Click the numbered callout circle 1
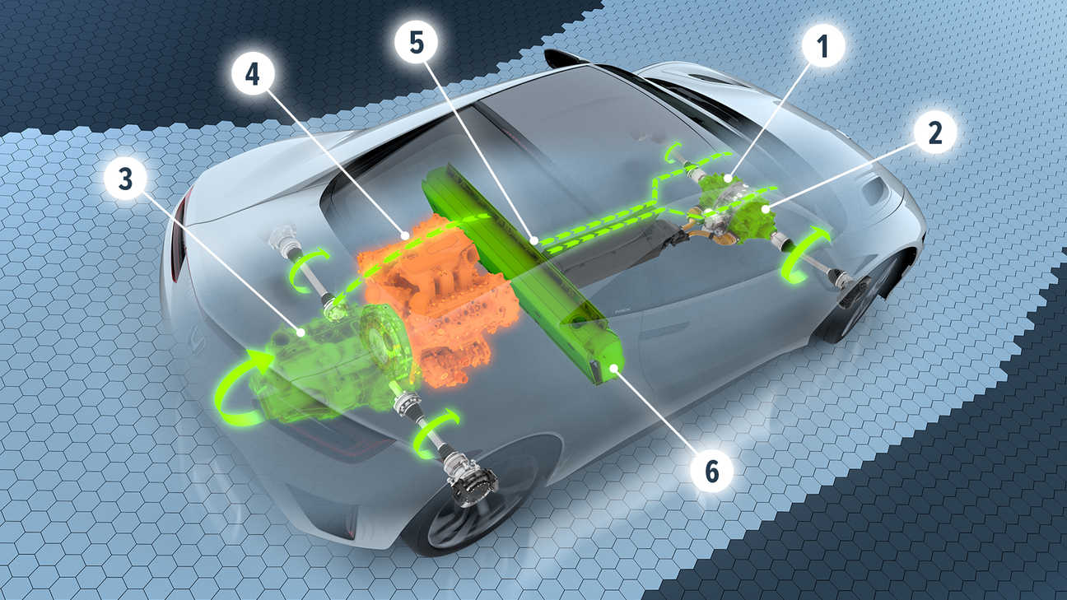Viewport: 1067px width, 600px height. pyautogui.click(x=822, y=46)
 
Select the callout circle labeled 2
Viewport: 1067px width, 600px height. pyautogui.click(x=935, y=133)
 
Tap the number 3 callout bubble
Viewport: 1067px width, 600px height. pyautogui.click(x=125, y=179)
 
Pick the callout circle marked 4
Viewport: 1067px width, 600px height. pyautogui.click(x=253, y=74)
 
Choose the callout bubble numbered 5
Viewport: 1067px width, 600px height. pyautogui.click(x=417, y=43)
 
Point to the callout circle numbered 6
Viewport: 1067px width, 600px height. pyautogui.click(x=711, y=471)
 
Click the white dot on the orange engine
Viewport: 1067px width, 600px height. pyautogui.click(x=404, y=235)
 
